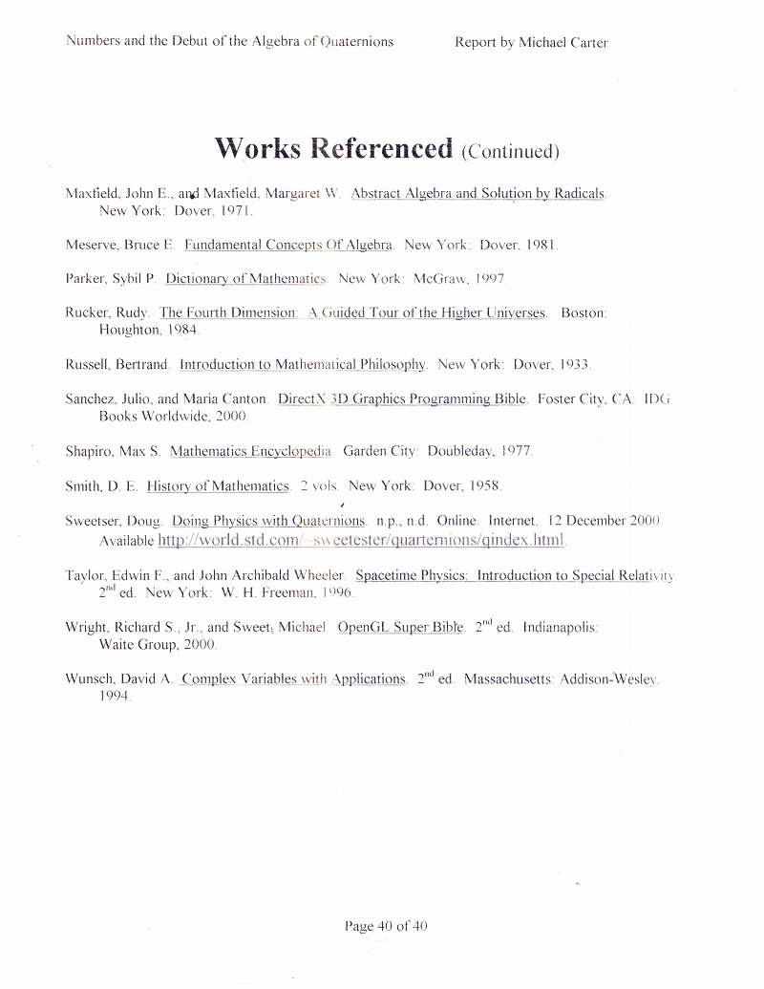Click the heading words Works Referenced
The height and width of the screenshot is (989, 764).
pyautogui.click(x=333, y=149)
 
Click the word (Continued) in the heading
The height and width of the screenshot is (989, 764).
pyautogui.click(x=509, y=151)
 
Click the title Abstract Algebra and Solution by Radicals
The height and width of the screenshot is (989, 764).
pyautogui.click(x=477, y=193)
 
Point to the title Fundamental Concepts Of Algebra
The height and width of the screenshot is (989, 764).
pyautogui.click(x=288, y=245)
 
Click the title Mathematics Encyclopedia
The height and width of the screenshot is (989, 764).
pyautogui.click(x=250, y=450)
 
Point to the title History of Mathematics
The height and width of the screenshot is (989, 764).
pyautogui.click(x=218, y=486)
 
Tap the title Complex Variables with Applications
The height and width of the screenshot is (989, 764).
pyautogui.click(x=293, y=679)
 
